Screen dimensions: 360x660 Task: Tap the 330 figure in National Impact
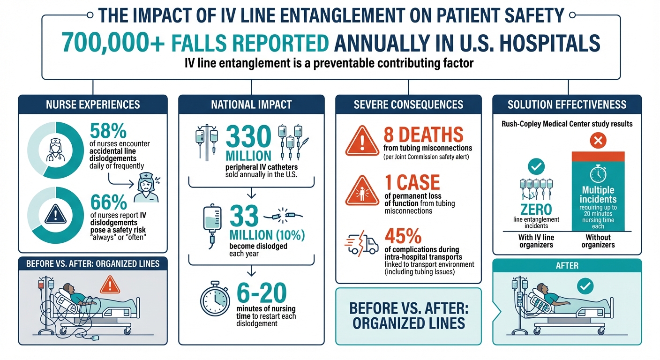(x=249, y=138)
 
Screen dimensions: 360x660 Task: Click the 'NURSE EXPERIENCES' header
(x=93, y=105)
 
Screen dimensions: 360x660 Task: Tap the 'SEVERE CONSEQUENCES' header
(x=408, y=105)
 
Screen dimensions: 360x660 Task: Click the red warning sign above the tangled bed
(x=110, y=284)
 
